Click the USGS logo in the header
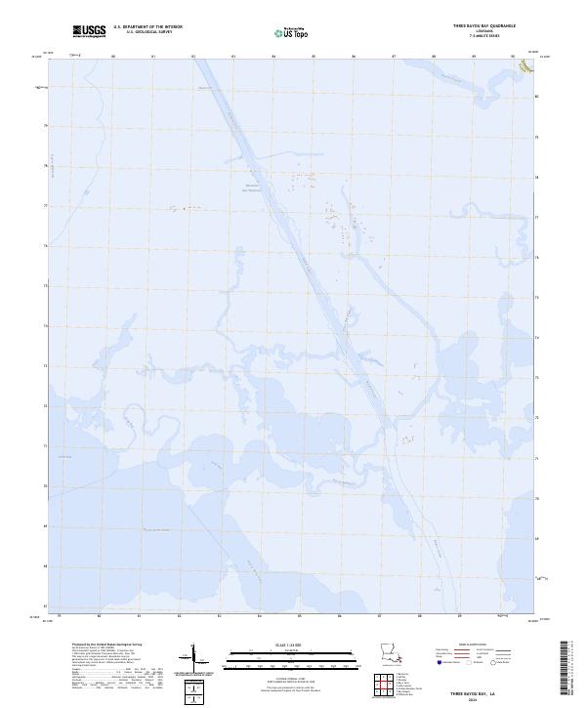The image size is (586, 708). click(x=89, y=30)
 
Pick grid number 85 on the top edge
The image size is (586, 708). click(x=314, y=57)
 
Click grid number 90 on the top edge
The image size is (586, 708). click(x=514, y=57)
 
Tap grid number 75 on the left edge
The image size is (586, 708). click(x=44, y=286)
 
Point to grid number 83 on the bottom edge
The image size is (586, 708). click(x=179, y=616)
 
